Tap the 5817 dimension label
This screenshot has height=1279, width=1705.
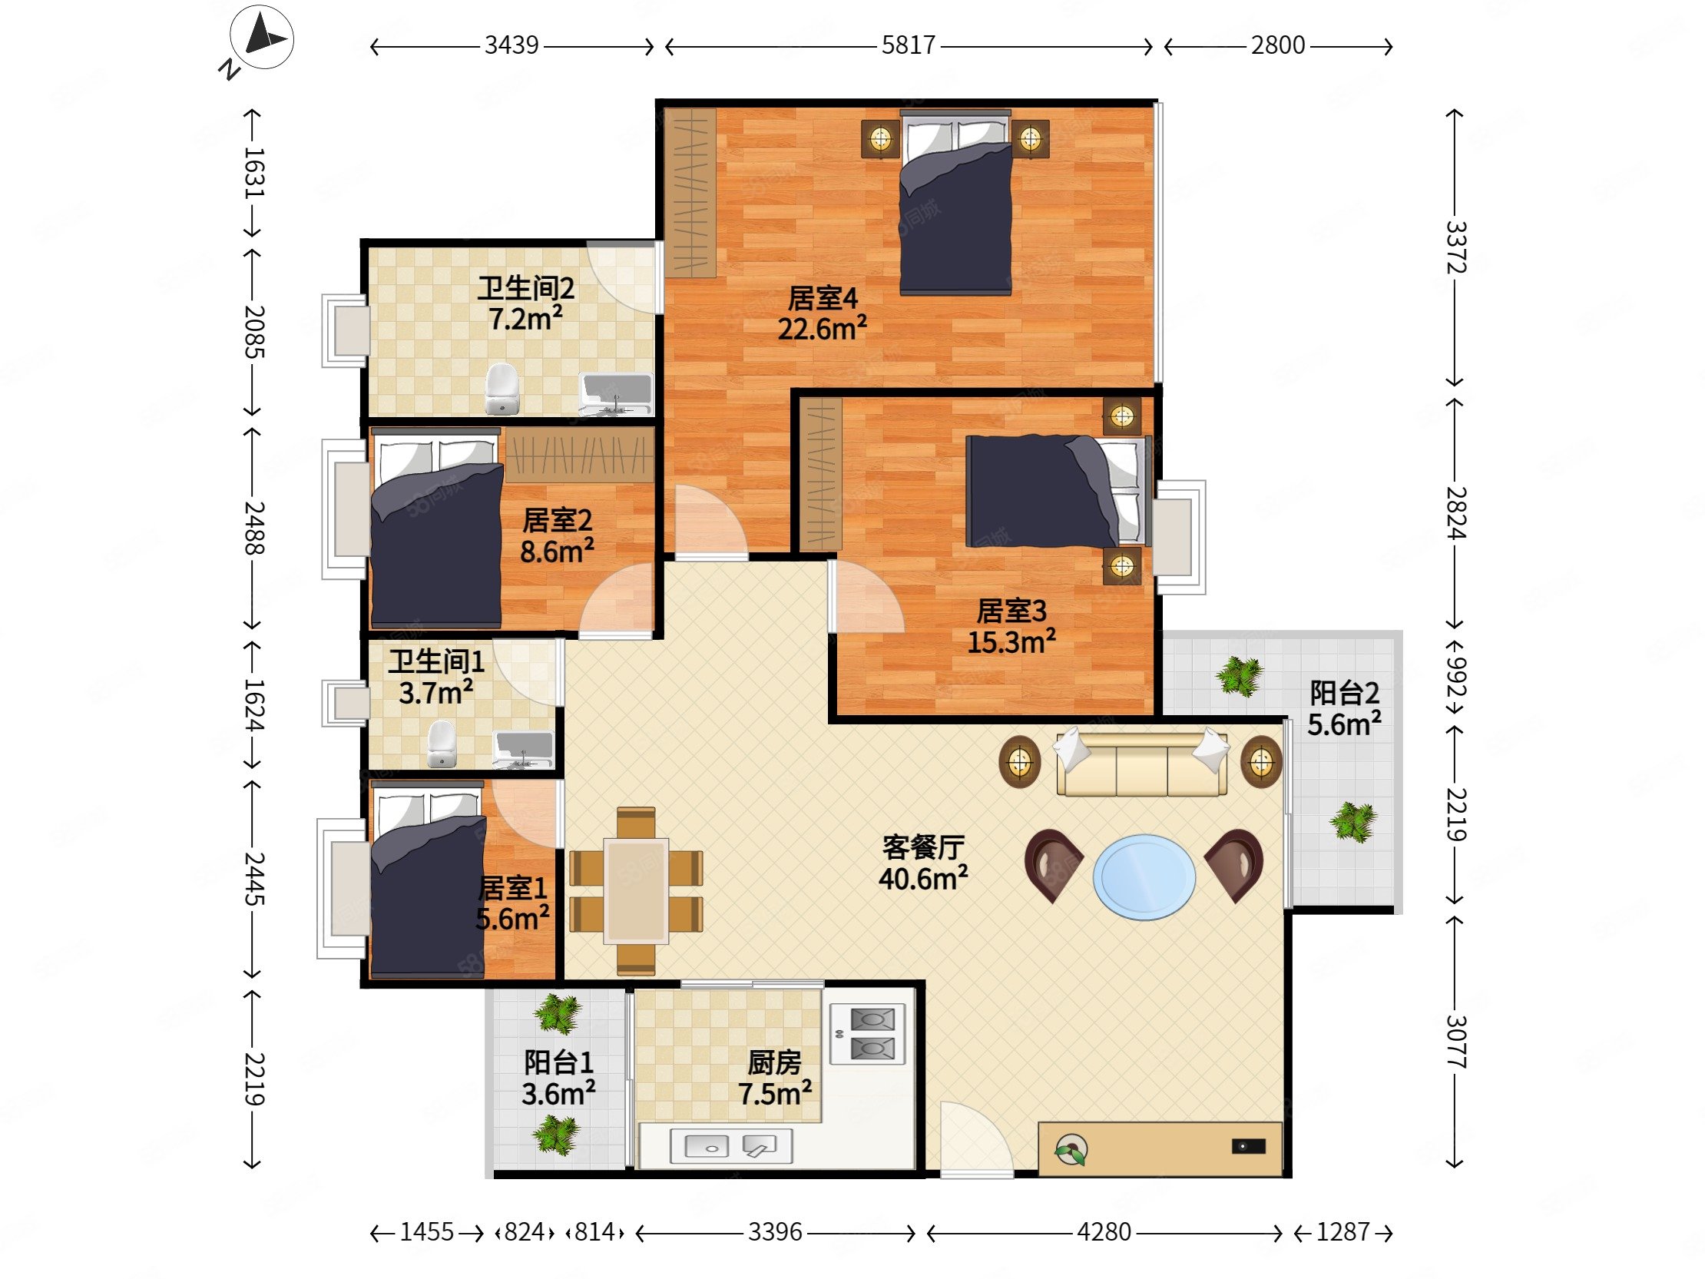(908, 45)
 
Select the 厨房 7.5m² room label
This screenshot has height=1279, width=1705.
(775, 1079)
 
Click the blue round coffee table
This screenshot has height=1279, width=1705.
(1144, 876)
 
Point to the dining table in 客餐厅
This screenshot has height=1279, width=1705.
(636, 890)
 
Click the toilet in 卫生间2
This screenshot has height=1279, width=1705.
(502, 389)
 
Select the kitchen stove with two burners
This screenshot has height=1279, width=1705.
(867, 1034)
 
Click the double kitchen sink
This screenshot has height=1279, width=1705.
(731, 1146)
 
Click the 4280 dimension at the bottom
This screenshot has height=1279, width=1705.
(1104, 1232)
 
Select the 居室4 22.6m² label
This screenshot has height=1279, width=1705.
(823, 313)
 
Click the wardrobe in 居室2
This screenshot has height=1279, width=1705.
(580, 456)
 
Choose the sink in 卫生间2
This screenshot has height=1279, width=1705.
(616, 394)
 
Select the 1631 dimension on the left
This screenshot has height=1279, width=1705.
(254, 173)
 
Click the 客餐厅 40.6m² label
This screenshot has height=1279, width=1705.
(923, 863)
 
